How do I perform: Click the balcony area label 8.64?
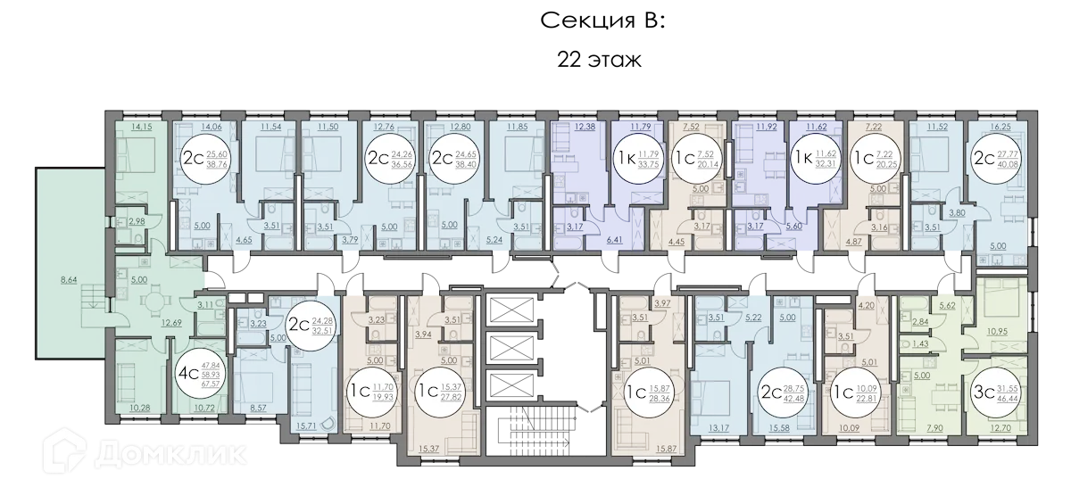point(68,281)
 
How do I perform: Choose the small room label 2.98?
point(137,221)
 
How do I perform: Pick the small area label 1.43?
point(918,343)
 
